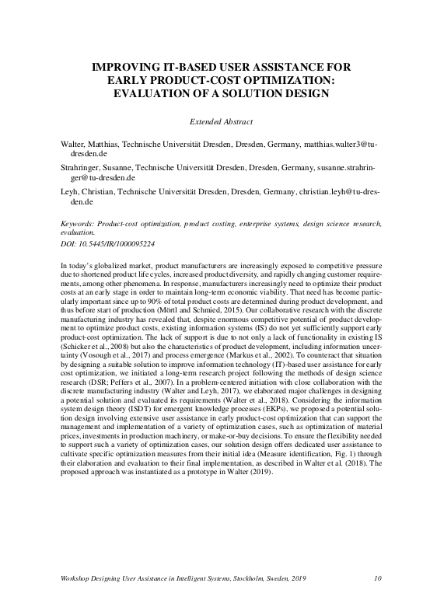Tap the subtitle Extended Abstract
(x=222, y=122)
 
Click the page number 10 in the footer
(x=378, y=578)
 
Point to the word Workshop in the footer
(x=78, y=578)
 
